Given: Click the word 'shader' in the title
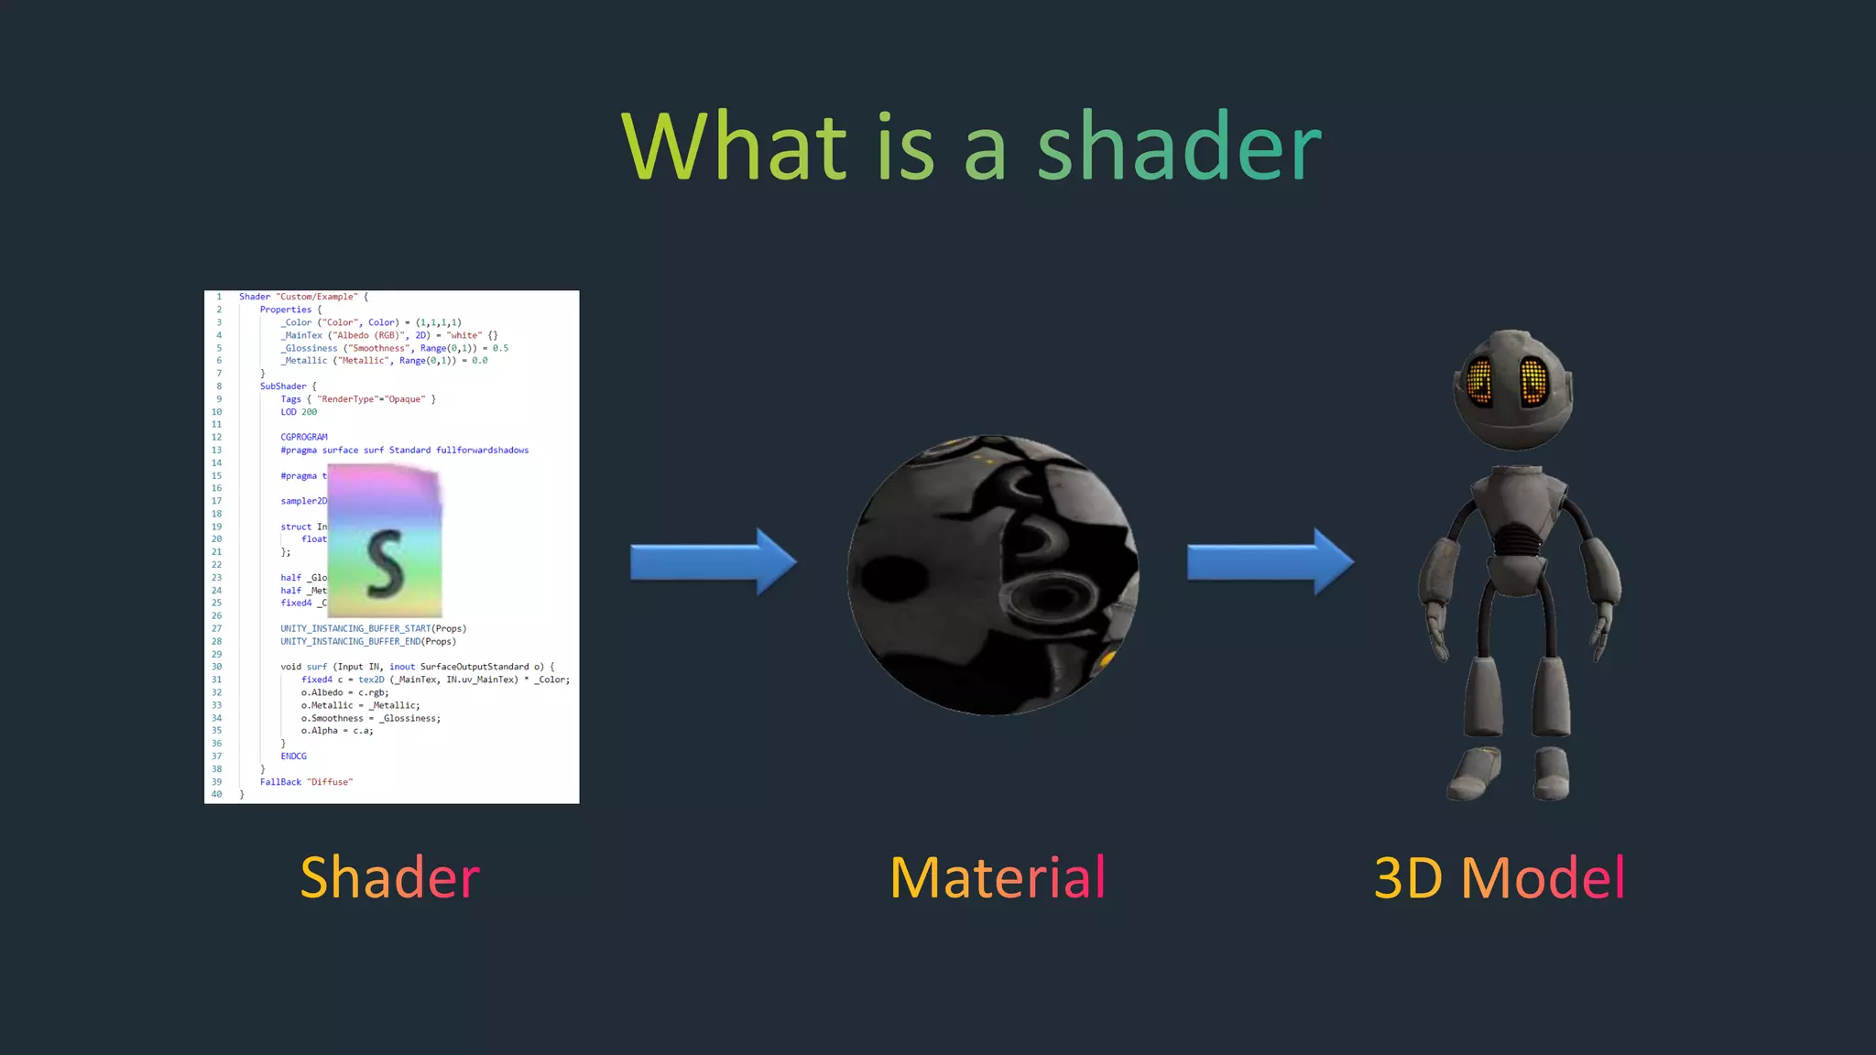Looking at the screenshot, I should click(1178, 147).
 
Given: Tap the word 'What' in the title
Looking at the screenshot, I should click(733, 147).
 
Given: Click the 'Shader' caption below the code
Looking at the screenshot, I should click(390, 877).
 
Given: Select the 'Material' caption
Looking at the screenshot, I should click(998, 877).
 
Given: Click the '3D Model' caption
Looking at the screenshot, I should click(1500, 877).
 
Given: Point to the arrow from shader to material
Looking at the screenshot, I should click(713, 561).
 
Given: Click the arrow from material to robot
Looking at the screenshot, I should click(1270, 561).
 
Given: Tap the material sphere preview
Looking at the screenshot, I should click(993, 575).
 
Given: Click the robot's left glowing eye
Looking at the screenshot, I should click(1479, 382).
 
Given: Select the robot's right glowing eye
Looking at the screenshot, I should click(1534, 382).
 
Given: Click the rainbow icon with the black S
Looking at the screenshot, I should click(385, 540).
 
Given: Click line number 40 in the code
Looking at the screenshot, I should click(217, 794).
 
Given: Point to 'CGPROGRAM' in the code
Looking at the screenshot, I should click(304, 437).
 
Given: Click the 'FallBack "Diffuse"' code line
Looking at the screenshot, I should click(306, 782).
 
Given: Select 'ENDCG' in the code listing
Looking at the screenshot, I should click(294, 756).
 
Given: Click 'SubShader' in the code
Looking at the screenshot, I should click(283, 386).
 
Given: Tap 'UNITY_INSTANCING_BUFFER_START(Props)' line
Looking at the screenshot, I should click(373, 628).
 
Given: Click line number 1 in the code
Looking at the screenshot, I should click(219, 297).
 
